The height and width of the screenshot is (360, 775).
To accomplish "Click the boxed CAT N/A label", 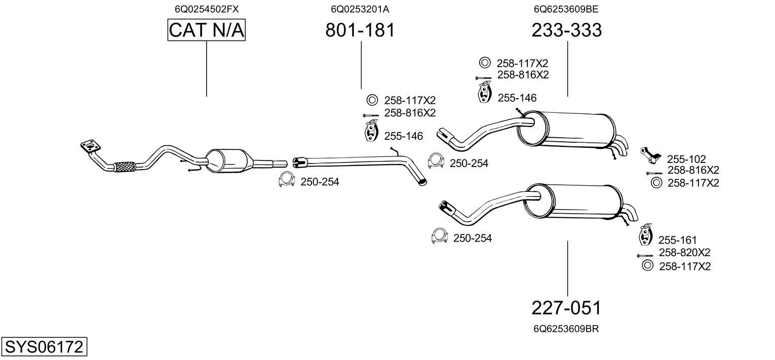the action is point(207,30).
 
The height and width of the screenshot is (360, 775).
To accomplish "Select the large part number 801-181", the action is point(360,30).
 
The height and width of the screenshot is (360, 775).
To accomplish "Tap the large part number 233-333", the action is point(567,30).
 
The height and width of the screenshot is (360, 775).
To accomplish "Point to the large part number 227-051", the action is point(567,308).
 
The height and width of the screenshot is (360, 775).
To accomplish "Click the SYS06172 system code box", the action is point(44,346).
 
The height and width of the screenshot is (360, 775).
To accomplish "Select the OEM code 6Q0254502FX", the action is point(207,9).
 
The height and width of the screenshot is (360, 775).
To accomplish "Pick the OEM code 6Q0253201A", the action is point(360,9).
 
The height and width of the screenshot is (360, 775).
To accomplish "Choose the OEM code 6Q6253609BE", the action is point(566,9).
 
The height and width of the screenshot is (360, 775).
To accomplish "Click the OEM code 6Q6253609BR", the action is point(566,329).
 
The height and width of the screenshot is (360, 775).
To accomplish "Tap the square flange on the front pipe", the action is point(90,146).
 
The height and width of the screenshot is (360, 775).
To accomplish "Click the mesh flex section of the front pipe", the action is point(125,167).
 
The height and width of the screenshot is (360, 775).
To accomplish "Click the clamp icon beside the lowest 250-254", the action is point(439,236).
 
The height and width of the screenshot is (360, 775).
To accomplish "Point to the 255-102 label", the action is point(686,159).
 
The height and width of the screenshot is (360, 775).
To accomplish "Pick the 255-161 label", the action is point(677,240).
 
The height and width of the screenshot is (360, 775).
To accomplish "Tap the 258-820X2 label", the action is point(684,253).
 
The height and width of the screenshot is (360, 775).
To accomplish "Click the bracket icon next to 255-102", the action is point(650,155).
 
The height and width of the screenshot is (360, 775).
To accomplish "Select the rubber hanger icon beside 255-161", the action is point(646,234).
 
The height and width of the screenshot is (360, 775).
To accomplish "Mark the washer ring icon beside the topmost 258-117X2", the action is point(485,63).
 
